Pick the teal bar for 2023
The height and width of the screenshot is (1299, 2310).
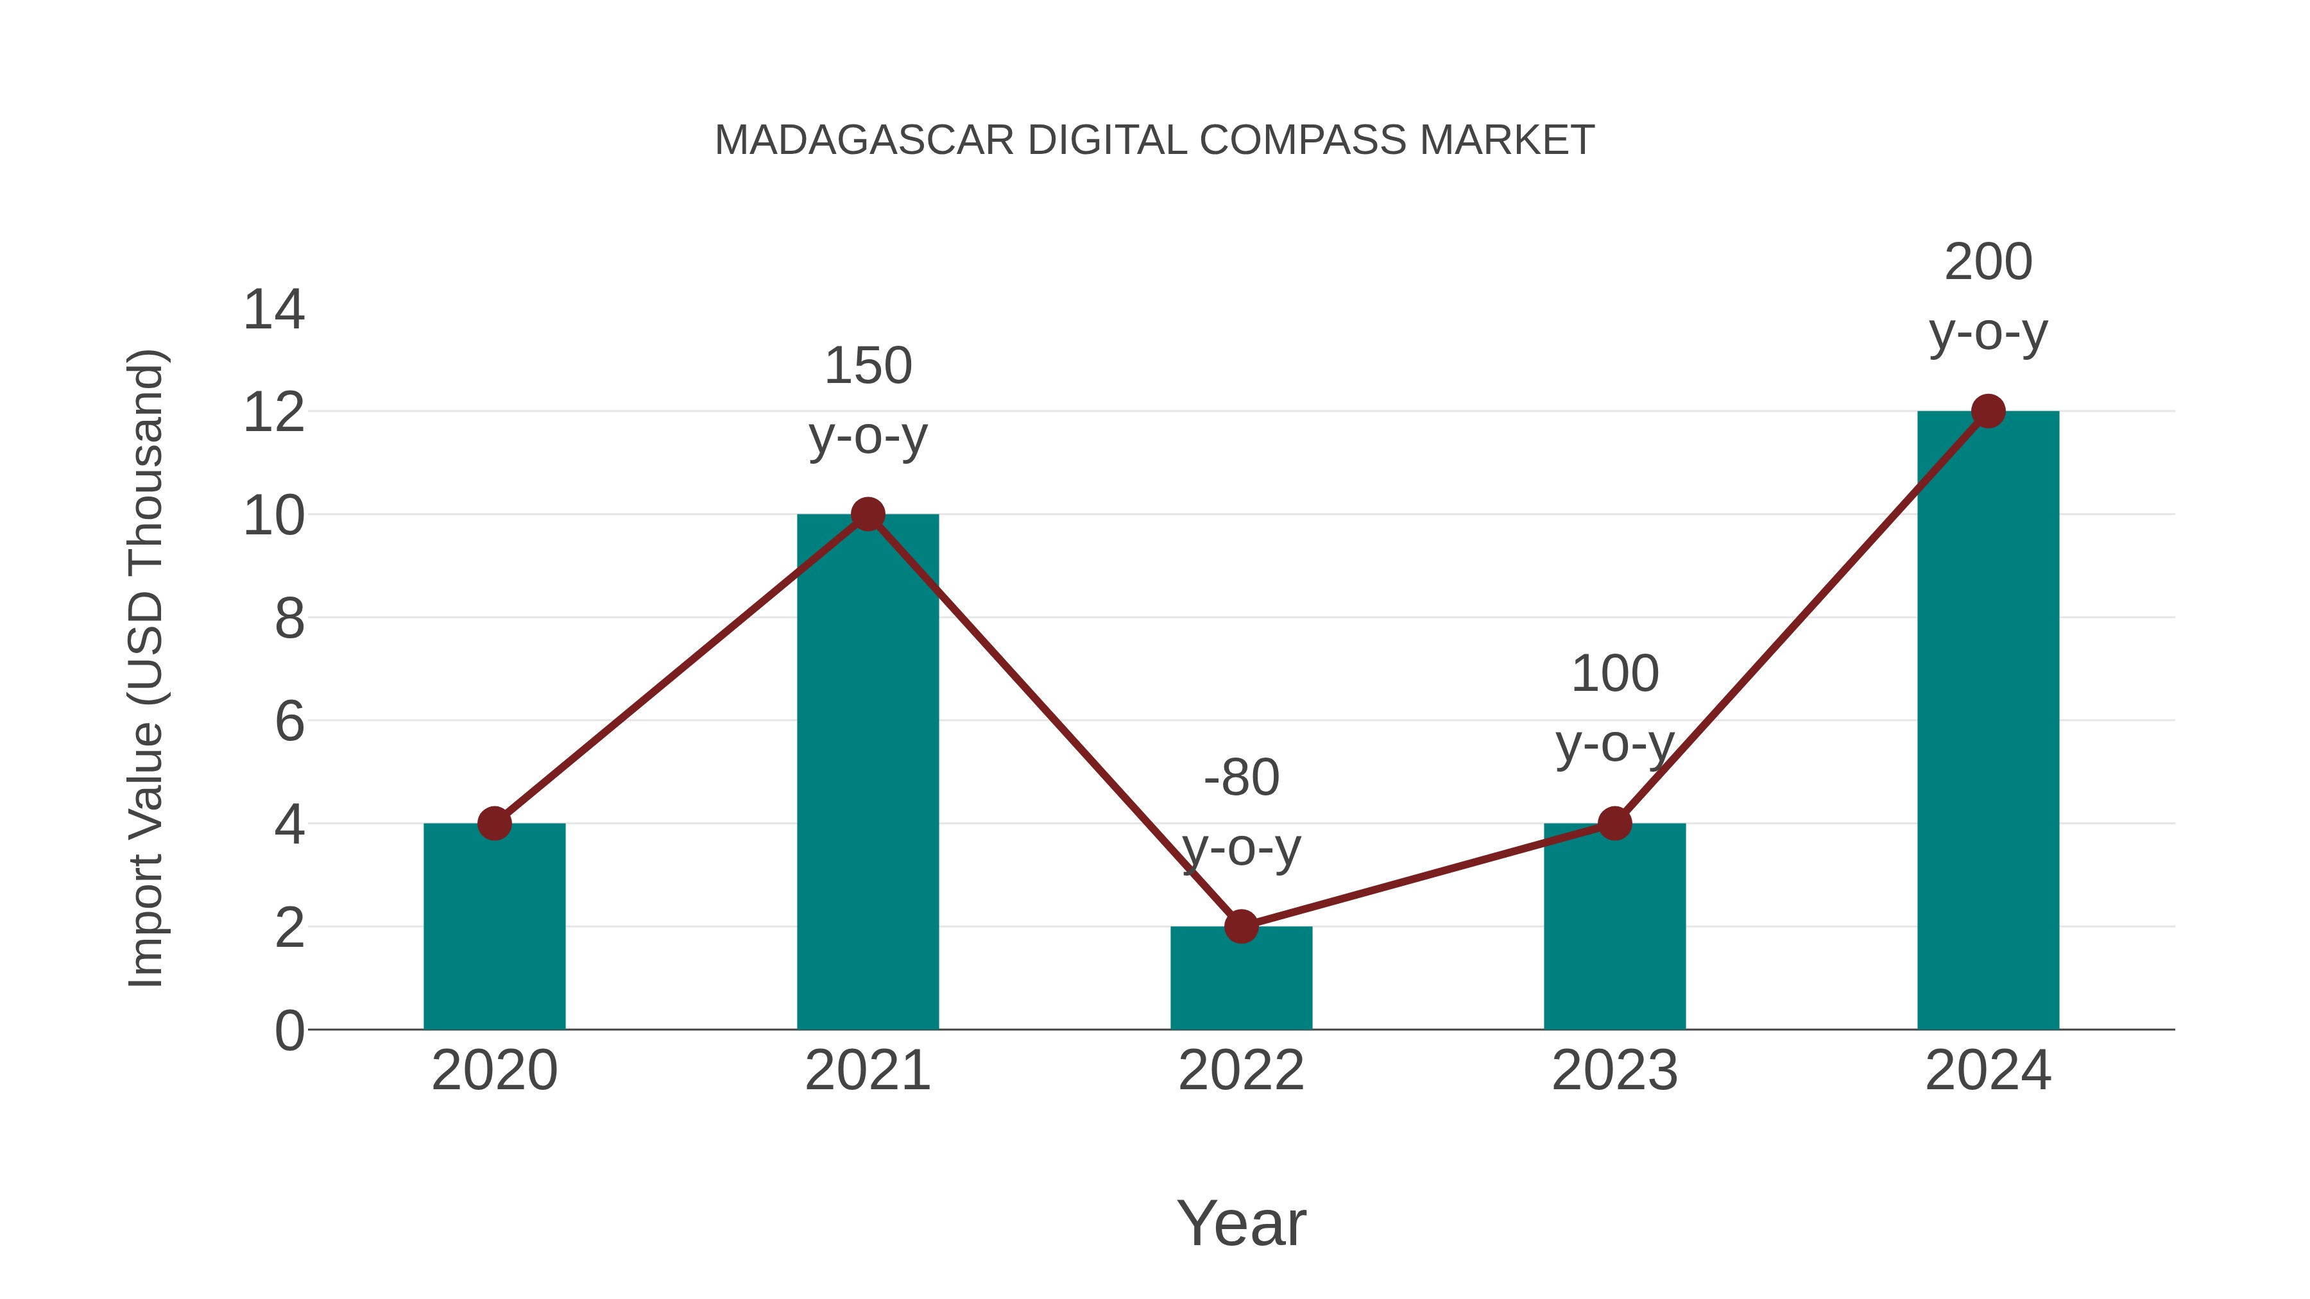click(1614, 932)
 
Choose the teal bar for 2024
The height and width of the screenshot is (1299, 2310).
click(1988, 726)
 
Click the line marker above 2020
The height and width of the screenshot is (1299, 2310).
click(494, 823)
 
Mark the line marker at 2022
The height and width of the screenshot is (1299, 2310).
click(1241, 926)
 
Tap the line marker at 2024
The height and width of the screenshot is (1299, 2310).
click(1988, 411)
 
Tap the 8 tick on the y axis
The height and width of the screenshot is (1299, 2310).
click(289, 618)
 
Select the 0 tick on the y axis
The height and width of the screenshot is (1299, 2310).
click(289, 1031)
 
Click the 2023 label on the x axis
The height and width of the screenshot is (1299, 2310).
click(1614, 1071)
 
